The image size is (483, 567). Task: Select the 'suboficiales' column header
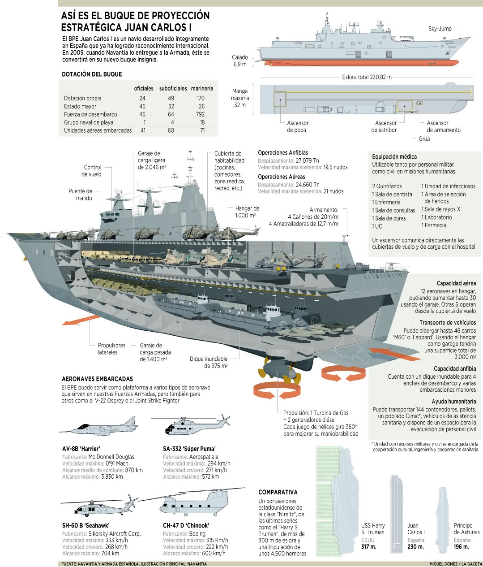coord(173,88)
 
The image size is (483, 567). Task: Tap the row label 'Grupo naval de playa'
coord(89,122)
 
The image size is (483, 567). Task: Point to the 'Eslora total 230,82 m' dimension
coord(367,77)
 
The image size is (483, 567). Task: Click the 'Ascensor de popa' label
coord(297,126)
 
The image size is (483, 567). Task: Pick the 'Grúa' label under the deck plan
coord(424,139)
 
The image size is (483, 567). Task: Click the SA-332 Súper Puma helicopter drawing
coord(191,426)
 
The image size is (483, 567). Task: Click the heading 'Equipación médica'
coord(394,156)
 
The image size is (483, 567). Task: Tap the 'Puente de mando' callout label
coord(80,195)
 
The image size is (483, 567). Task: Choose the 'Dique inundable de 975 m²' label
coord(209,362)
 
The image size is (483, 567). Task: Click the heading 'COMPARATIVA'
coord(278,492)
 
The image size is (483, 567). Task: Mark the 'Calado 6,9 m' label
coord(240,61)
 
